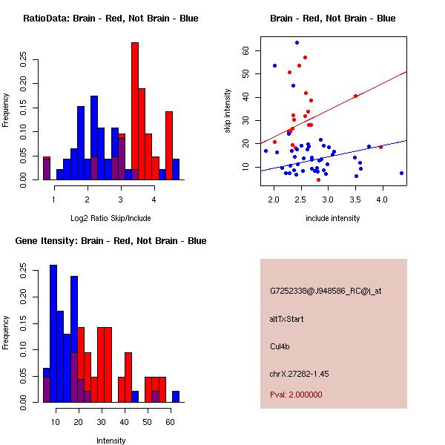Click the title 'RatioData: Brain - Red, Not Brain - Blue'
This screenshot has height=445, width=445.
111,19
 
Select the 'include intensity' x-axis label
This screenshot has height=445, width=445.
333,218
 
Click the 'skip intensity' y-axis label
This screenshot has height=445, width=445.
228,111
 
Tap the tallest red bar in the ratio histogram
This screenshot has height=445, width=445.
135,111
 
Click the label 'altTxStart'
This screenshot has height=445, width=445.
287,319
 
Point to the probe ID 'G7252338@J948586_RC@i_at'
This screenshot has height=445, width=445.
326,291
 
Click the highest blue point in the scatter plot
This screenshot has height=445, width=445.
297,43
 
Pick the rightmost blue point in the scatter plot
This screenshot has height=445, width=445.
401,173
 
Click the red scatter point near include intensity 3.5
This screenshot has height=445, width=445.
356,96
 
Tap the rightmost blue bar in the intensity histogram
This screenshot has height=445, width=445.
176,396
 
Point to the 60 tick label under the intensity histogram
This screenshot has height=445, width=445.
169,422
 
